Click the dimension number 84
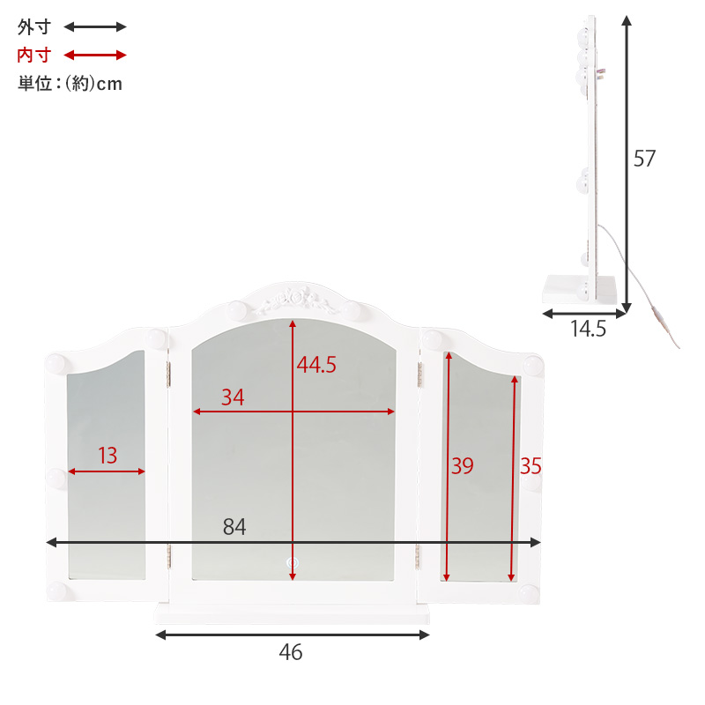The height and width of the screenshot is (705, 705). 234,526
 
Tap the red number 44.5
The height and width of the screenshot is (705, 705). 316,365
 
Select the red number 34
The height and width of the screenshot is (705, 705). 233,397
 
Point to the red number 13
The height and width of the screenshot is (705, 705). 108,456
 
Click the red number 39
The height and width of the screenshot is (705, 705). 462,466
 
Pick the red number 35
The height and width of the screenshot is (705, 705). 531,466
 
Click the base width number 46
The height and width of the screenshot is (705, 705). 291,652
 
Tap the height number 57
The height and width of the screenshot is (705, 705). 644,159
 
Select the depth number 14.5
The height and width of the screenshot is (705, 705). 588,329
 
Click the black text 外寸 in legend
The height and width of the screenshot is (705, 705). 34,27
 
